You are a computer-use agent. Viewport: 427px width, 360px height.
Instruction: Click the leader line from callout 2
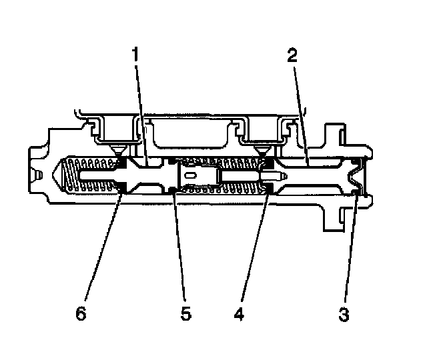pyautogui.click(x=300, y=113)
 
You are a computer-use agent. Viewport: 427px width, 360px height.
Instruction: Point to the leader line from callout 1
pyautogui.click(x=139, y=113)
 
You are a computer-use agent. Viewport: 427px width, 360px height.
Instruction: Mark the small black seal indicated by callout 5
pyautogui.click(x=172, y=191)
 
